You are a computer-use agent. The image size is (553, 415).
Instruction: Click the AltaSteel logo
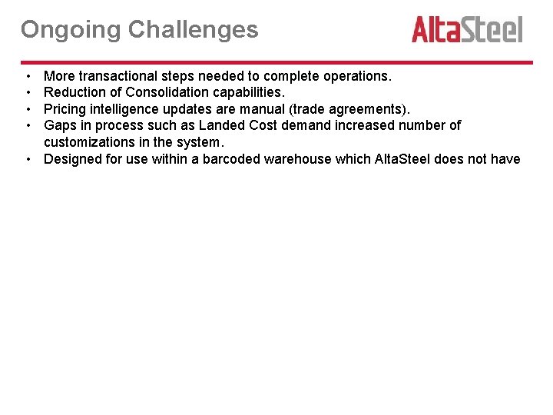467,29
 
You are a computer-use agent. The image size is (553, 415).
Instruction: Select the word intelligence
120,108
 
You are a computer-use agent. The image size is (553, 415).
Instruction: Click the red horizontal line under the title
276,62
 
